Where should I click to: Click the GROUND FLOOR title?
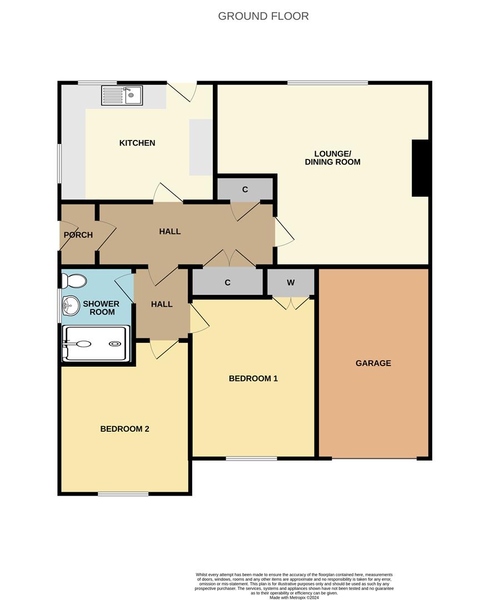[x=263, y=16]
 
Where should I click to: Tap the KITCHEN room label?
[x=137, y=143]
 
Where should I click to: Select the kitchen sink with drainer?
[x=122, y=96]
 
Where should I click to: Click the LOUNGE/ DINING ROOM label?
[x=332, y=158]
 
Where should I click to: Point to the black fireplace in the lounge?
[x=420, y=168]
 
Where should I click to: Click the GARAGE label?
[x=373, y=363]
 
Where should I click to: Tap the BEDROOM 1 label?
[x=253, y=378]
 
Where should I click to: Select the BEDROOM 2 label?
[x=124, y=429]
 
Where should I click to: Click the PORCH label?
[x=78, y=235]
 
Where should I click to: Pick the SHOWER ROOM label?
[x=101, y=308]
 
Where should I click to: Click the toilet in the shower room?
[x=74, y=281]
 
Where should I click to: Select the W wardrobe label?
[x=291, y=283]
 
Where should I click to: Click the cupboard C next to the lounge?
[x=245, y=189]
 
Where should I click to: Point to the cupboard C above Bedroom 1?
[x=228, y=282]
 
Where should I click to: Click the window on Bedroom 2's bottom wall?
[x=123, y=494]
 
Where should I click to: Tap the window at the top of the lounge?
[x=327, y=83]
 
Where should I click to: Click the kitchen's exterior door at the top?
[x=182, y=92]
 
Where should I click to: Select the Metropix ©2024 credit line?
[x=294, y=597]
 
